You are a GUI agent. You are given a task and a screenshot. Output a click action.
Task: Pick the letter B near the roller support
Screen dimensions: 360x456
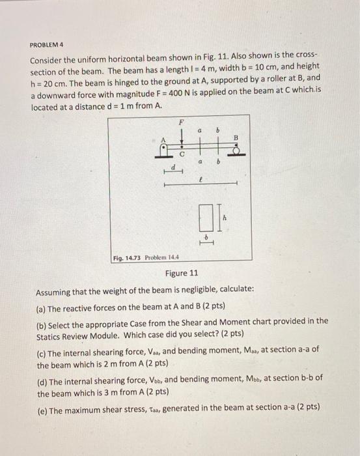coord(236,137)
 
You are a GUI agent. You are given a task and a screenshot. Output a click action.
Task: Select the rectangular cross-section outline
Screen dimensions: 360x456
coord(205,216)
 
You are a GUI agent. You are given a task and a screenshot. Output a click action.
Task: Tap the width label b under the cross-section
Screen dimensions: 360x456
coord(206,236)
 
